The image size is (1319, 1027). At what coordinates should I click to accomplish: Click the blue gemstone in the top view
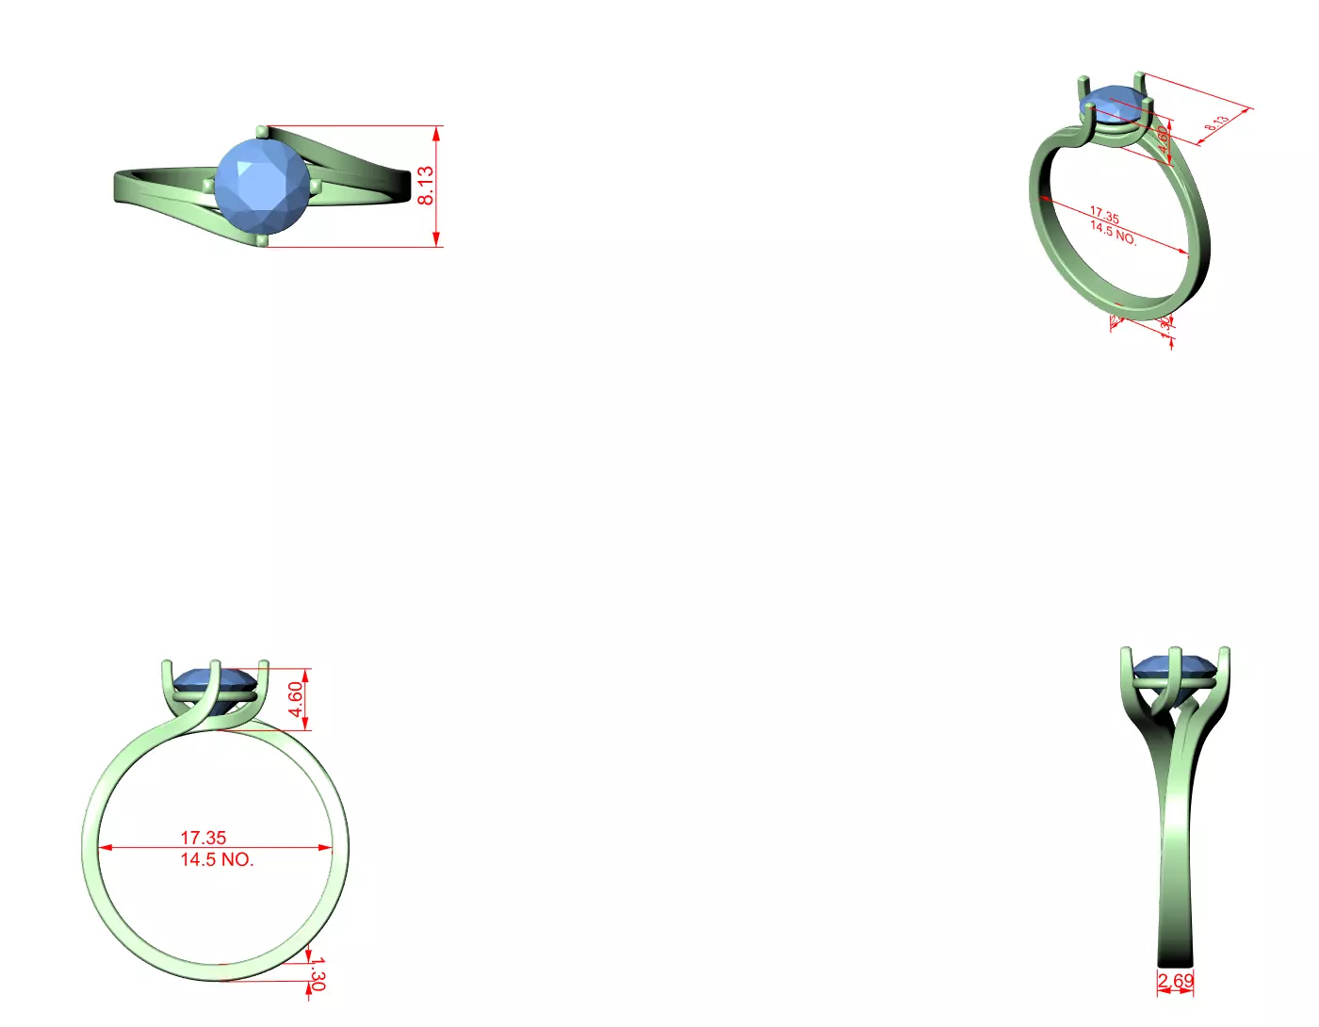tap(262, 185)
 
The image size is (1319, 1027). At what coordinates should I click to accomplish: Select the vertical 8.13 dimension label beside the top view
tap(426, 186)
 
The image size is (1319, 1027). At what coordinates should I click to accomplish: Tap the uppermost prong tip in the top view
tap(261, 132)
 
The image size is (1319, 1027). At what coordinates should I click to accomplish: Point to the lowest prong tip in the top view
tap(261, 240)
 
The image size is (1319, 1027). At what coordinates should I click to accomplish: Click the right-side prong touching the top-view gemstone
tap(316, 187)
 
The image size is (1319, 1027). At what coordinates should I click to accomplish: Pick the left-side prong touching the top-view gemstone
tap(209, 185)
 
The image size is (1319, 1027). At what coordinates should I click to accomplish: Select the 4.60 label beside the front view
tap(296, 699)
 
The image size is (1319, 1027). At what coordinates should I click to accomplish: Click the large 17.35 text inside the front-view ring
tap(204, 837)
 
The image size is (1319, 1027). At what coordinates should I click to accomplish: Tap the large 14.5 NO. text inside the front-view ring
tap(217, 859)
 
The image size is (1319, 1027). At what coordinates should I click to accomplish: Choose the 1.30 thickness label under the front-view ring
tap(318, 973)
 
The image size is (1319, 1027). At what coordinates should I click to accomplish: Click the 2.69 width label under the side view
tap(1176, 981)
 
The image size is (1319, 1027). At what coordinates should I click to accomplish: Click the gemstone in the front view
tap(215, 680)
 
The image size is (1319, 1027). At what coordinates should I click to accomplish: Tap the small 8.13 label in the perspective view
tap(1216, 123)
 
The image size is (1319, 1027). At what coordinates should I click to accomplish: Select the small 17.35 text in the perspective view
tap(1104, 215)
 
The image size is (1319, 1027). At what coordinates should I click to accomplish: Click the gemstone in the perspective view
tap(1115, 102)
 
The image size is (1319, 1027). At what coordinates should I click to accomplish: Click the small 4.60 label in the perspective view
tap(1164, 140)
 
